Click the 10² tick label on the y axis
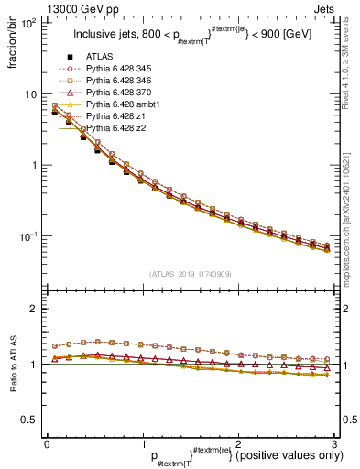click(x=29, y=23)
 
